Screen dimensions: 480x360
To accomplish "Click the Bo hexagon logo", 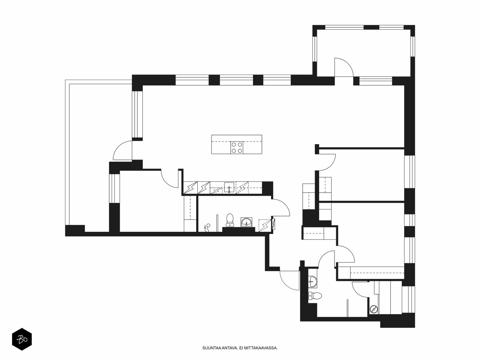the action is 22,339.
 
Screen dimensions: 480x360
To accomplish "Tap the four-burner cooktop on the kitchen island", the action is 237,148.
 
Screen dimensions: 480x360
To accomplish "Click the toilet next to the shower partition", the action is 229,220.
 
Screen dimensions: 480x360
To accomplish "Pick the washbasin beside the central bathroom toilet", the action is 247,222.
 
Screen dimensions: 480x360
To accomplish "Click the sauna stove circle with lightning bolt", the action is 374,309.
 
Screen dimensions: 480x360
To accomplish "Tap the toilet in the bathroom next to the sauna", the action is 315,296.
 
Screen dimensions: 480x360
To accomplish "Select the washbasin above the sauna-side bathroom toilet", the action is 313,281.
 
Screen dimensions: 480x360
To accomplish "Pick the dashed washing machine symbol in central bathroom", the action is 265,225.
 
